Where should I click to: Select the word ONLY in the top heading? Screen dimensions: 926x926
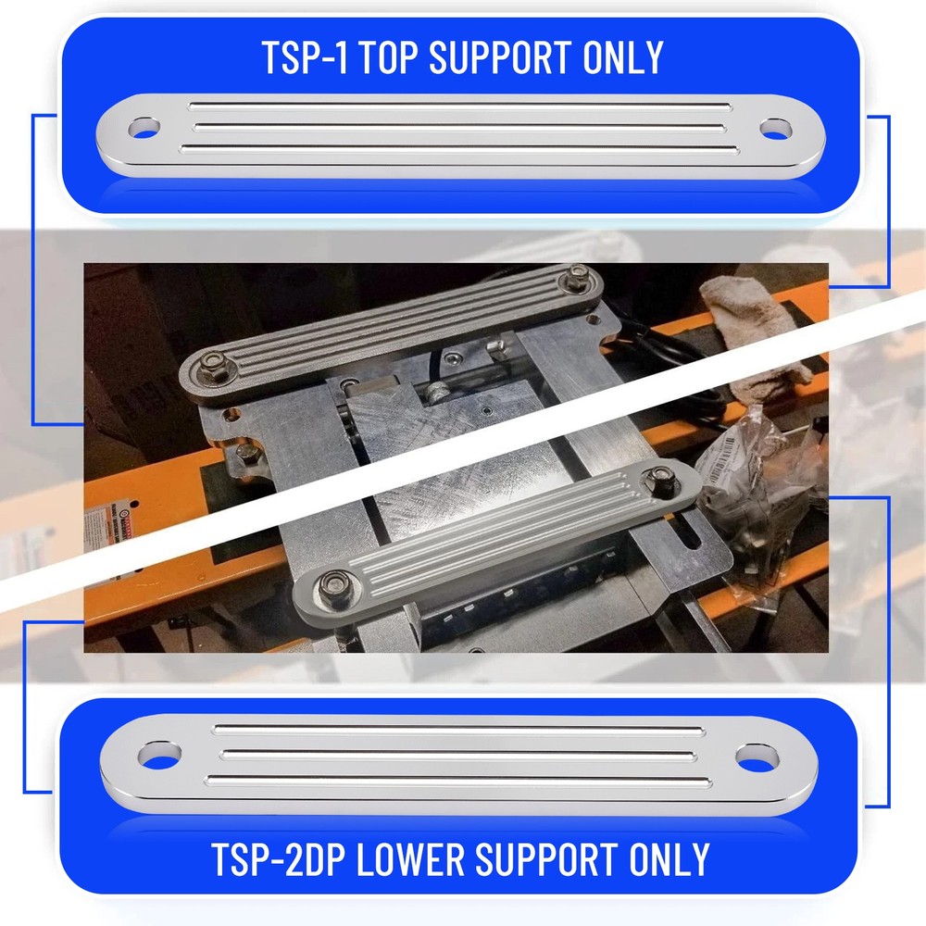tap(623, 57)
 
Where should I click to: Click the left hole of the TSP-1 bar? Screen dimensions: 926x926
tap(144, 128)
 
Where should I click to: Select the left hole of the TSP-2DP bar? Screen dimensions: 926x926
tap(160, 755)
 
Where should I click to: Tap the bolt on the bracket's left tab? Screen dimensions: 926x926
tap(245, 453)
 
